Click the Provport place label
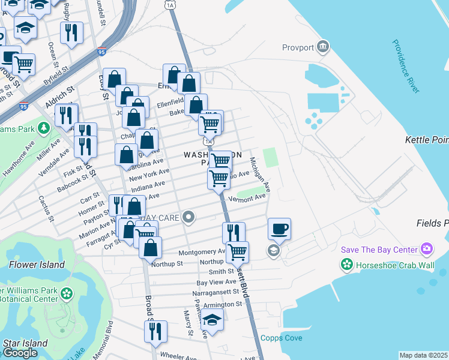point(298,47)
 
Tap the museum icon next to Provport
point(324,46)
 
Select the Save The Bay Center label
point(379,249)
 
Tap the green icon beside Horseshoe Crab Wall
point(346,264)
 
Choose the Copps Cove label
point(282,338)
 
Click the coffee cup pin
point(279,228)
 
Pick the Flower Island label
point(37,264)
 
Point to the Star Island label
point(21,343)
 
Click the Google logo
point(19,353)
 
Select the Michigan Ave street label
point(260,175)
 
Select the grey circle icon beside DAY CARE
point(189,217)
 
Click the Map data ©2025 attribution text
point(424,355)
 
